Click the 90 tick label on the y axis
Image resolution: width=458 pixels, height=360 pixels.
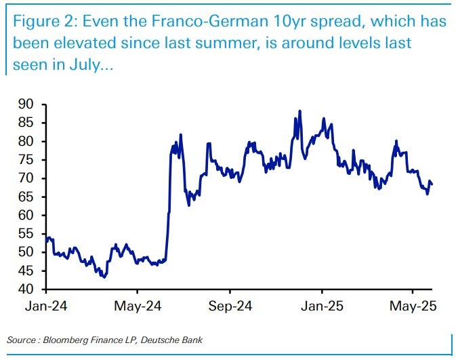pyautogui.click(x=26, y=104)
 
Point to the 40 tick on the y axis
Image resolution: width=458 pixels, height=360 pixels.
pyautogui.click(x=26, y=289)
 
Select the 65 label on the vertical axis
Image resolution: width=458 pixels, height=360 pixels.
pyautogui.click(x=26, y=197)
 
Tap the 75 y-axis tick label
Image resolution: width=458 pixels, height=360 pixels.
pyautogui.click(x=26, y=160)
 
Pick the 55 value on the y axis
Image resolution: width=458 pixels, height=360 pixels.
pyautogui.click(x=26, y=234)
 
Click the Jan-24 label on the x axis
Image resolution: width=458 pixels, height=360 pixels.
pyautogui.click(x=45, y=306)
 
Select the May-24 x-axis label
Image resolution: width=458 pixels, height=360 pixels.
pyautogui.click(x=137, y=306)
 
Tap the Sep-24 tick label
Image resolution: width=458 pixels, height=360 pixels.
pyautogui.click(x=230, y=306)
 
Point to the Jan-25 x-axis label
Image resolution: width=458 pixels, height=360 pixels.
pyautogui.click(x=322, y=306)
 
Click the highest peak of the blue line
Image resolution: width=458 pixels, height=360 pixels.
pyautogui.click(x=299, y=111)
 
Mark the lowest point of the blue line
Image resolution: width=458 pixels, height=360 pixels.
pyautogui.click(x=103, y=277)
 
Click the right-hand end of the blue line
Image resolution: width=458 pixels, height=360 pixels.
pyautogui.click(x=432, y=184)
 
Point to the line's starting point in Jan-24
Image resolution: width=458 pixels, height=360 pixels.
pyautogui.click(x=45, y=239)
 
